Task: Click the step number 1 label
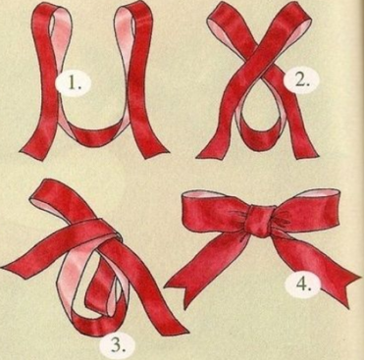pos(74,84)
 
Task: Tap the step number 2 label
pos(301,79)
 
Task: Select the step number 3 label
pos(117,345)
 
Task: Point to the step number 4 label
pos(303,283)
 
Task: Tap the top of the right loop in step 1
pos(134,8)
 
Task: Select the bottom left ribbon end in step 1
pos(31,153)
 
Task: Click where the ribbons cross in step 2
pos(259,61)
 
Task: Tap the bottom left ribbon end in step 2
pos(210,153)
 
